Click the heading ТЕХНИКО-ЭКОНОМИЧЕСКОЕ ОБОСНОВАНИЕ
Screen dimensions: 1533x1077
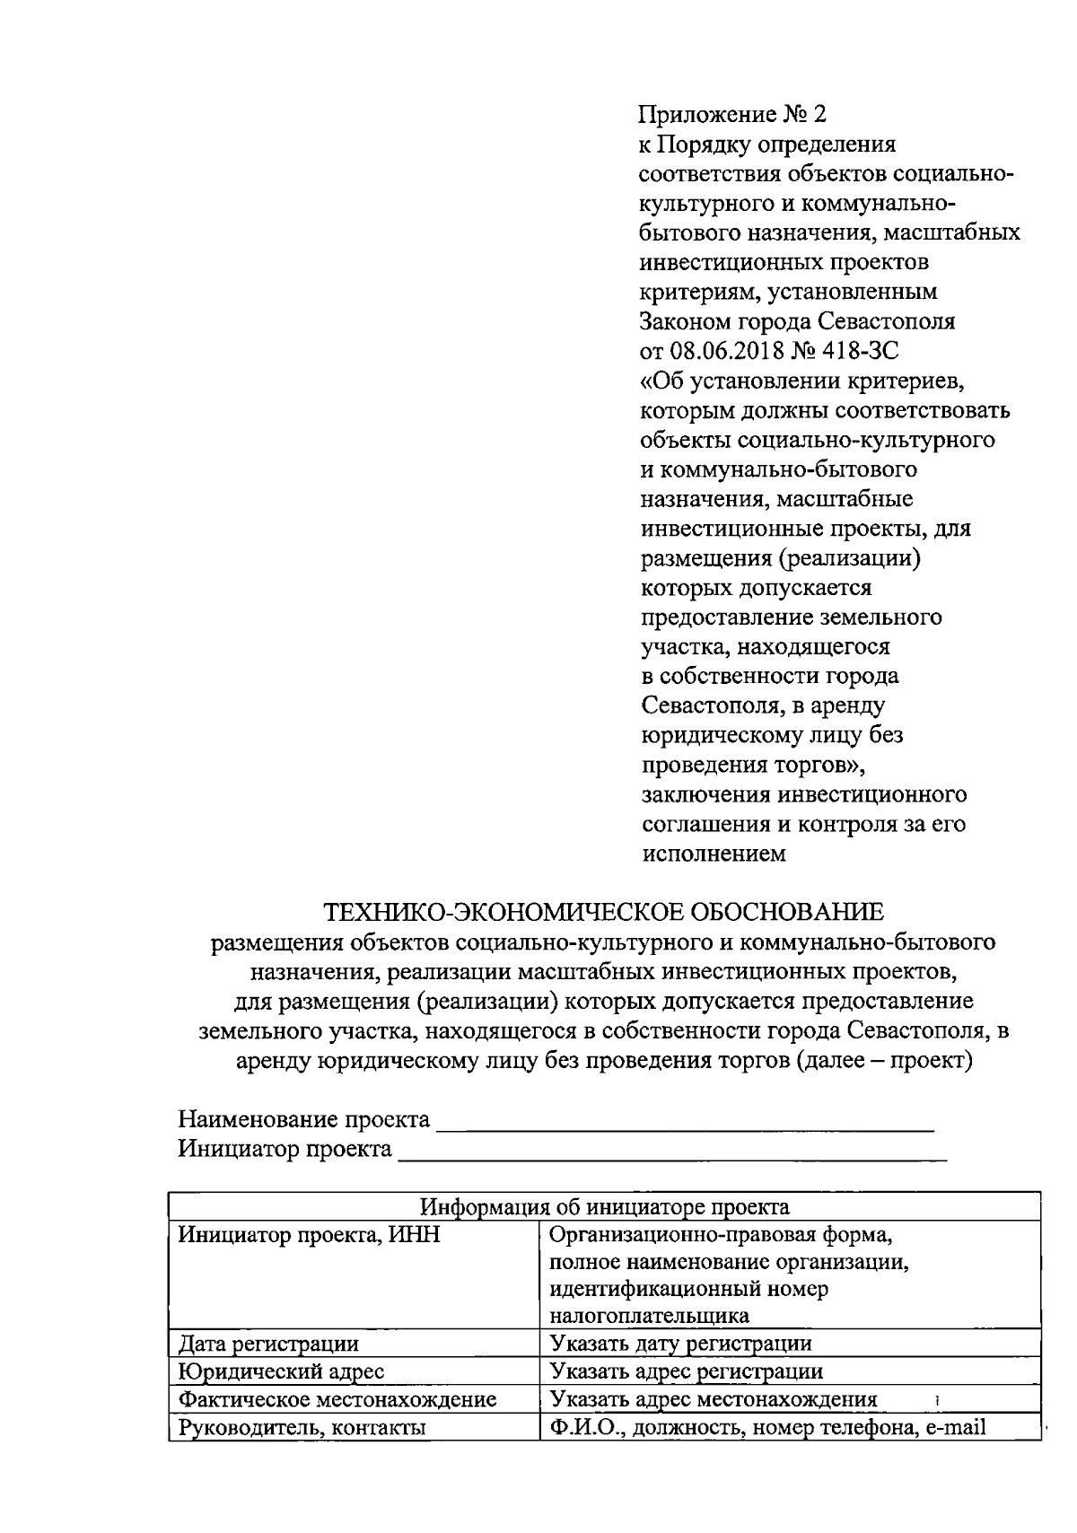(x=603, y=912)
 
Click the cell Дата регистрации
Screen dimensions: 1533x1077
(x=268, y=1343)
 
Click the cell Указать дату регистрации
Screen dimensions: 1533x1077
(x=680, y=1343)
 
